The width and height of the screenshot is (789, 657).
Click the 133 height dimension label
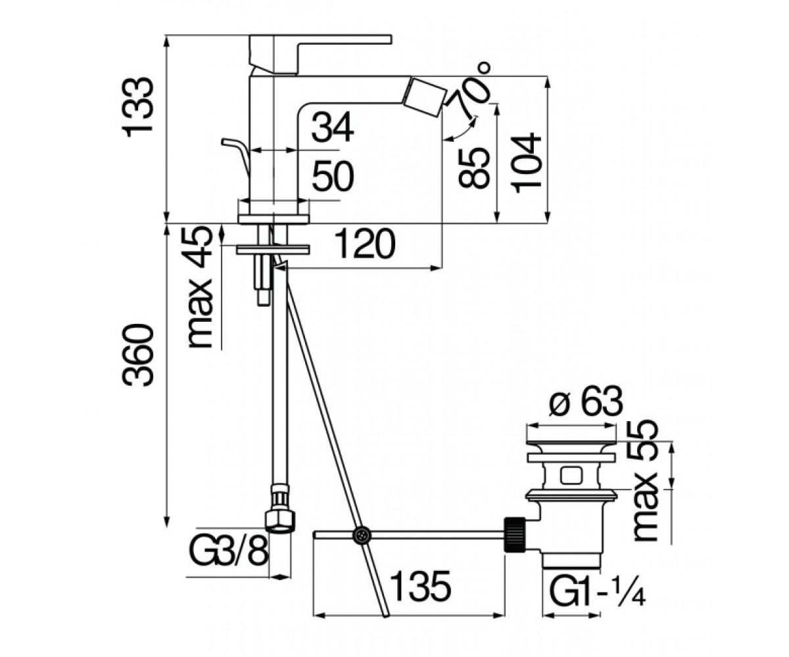coord(137,107)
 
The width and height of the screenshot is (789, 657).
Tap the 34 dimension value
coord(333,127)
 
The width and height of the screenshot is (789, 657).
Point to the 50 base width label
coord(333,176)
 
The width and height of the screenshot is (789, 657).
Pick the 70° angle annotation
coord(472,89)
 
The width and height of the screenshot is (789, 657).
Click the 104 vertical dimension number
coord(526,163)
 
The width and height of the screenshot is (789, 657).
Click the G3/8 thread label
coord(228,551)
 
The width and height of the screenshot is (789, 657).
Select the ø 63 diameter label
coord(586,401)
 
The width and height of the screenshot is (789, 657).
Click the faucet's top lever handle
coord(320,54)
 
